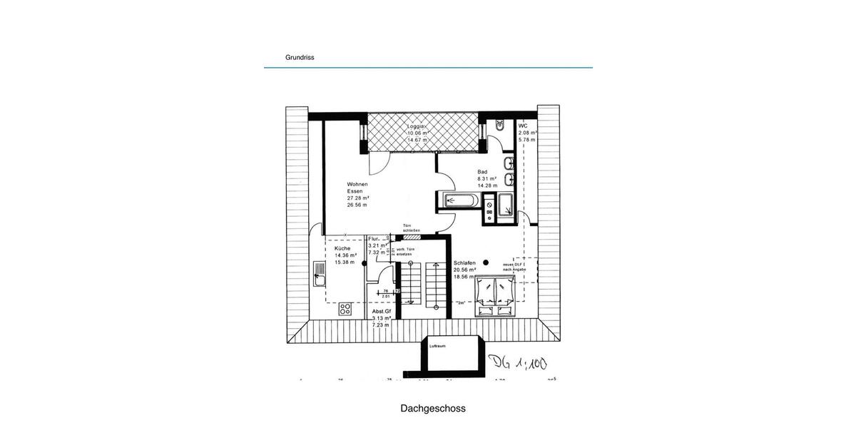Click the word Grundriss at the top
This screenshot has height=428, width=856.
click(300, 58)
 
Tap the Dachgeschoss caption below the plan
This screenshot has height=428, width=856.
click(433, 409)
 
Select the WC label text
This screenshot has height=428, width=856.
click(523, 126)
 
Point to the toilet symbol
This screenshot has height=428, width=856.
click(500, 124)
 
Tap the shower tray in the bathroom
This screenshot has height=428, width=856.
click(506, 203)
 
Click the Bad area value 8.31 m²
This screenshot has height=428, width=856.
click(487, 178)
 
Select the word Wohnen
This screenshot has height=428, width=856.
click(357, 184)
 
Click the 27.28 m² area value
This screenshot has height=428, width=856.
click(358, 198)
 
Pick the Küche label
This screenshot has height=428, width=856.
click(342, 248)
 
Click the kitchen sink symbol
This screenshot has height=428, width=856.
click(318, 274)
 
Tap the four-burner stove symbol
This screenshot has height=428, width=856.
click(345, 309)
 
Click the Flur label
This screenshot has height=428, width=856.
click(374, 239)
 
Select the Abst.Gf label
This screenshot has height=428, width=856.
click(382, 312)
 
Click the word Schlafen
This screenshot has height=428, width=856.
click(464, 263)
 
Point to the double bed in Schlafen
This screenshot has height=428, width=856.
click(496, 295)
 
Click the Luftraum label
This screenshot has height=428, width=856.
click(437, 346)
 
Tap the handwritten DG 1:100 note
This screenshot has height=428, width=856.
click(517, 363)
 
